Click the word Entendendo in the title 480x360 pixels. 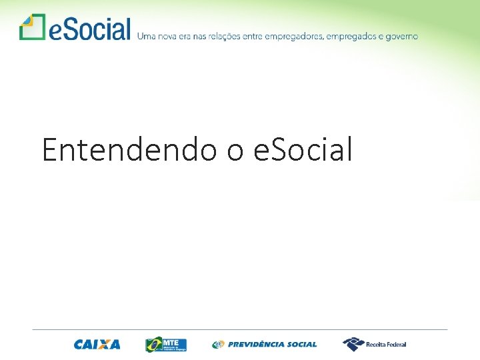tap(129, 149)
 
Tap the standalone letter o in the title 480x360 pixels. tap(235, 151)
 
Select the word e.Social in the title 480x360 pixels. tap(303, 149)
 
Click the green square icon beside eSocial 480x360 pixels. tap(32, 27)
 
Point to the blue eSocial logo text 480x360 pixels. tap(89, 29)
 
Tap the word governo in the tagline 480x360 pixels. tap(402, 37)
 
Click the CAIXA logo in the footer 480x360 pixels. tap(97, 345)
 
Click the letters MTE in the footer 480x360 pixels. tap(172, 342)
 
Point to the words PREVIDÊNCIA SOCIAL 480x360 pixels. tap(272, 345)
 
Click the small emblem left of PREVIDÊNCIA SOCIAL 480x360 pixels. tap(218, 345)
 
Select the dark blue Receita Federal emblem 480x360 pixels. tap(353, 344)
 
